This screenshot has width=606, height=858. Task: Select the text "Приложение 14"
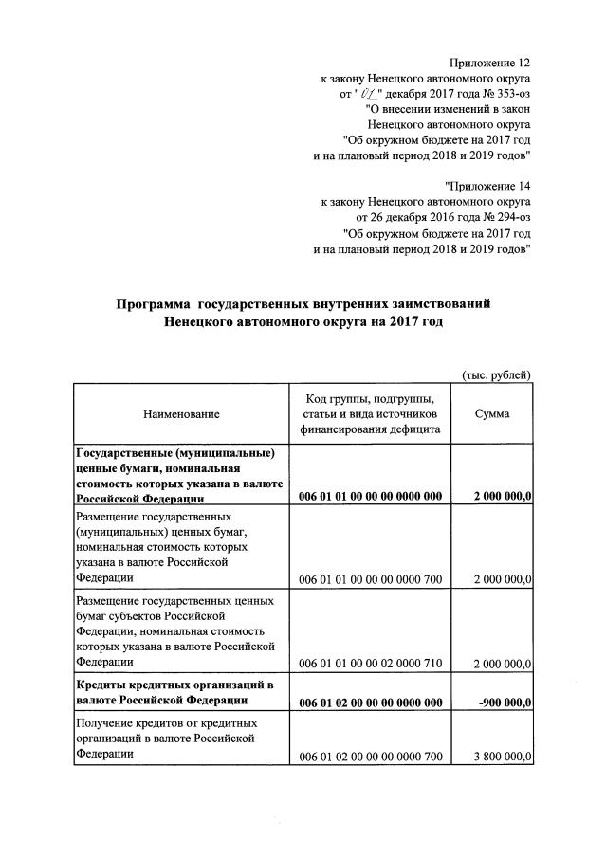tap(487, 183)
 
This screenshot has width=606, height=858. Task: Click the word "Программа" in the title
tap(154, 304)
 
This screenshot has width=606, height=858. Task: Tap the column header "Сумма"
tap(493, 414)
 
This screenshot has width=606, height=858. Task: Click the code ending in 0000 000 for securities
tap(371, 496)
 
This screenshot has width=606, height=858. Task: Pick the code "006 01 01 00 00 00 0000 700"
tap(371, 576)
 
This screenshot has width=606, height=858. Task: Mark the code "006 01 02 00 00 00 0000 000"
tap(371, 703)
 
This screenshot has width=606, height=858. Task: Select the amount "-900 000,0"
tap(504, 703)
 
